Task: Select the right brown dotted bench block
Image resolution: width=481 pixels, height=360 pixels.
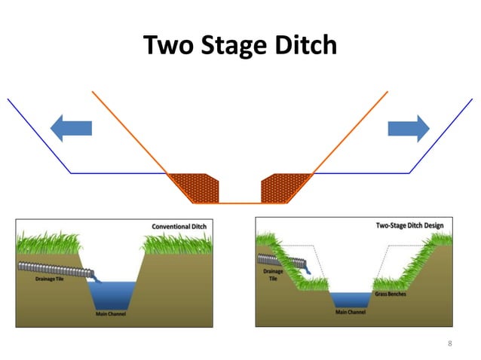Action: [x=285, y=187]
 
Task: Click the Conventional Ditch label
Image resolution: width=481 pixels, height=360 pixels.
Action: [x=179, y=226]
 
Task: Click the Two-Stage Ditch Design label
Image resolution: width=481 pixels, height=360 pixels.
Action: [x=410, y=225]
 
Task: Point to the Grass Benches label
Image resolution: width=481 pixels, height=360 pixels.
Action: [x=391, y=294]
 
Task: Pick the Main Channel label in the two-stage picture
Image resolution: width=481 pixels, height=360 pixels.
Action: [x=350, y=311]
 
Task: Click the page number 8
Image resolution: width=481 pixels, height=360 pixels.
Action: [x=450, y=343]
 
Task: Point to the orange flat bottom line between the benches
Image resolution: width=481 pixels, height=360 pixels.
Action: [x=240, y=203]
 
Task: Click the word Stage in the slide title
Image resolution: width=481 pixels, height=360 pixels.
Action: [x=229, y=47]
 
